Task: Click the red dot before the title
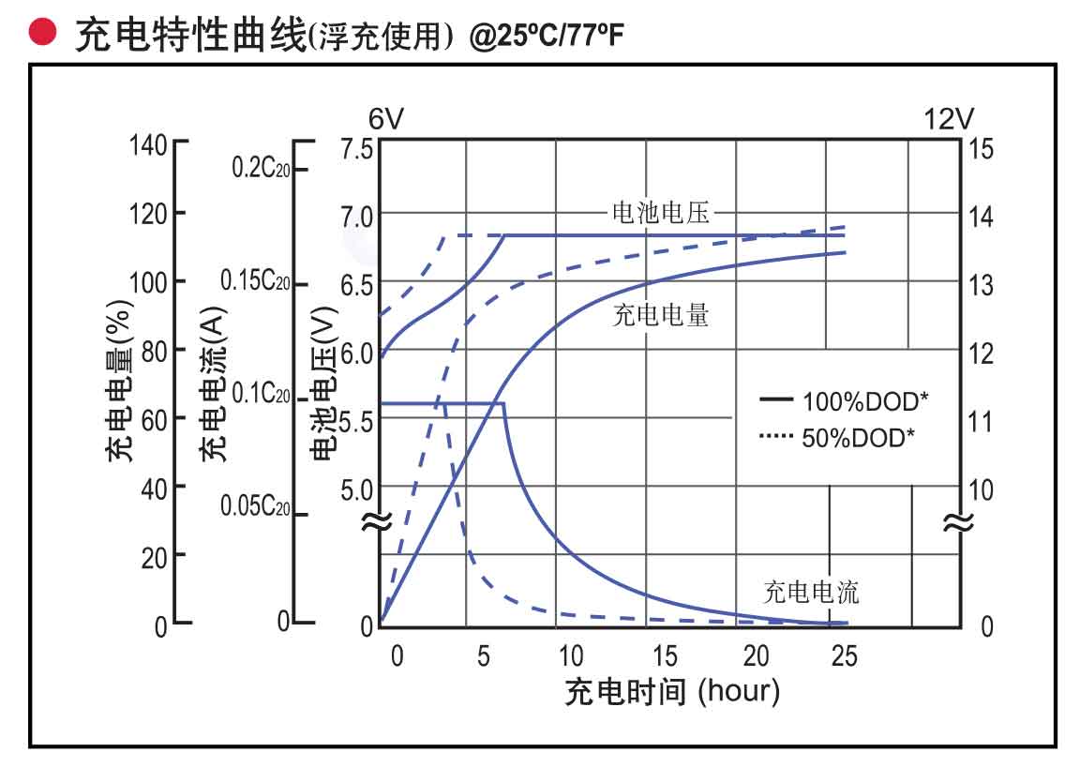click(x=39, y=34)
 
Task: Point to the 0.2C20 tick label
click(x=260, y=169)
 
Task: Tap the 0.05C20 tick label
click(x=255, y=507)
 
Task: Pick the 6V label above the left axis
click(x=385, y=119)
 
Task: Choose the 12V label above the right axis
click(x=949, y=119)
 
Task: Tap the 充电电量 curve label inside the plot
click(x=660, y=316)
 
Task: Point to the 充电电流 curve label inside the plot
click(x=811, y=592)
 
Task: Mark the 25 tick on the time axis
click(x=845, y=656)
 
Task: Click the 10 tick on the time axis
click(x=570, y=656)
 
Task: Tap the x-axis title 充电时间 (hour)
click(x=671, y=692)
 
